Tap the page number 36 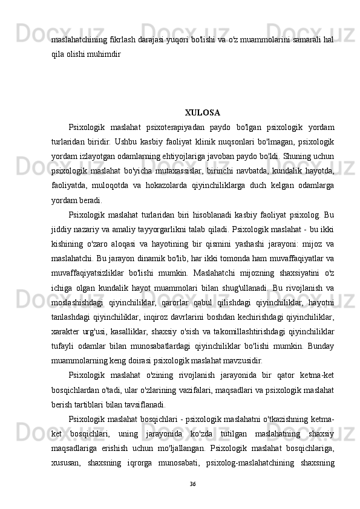pyautogui.click(x=193, y=484)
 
